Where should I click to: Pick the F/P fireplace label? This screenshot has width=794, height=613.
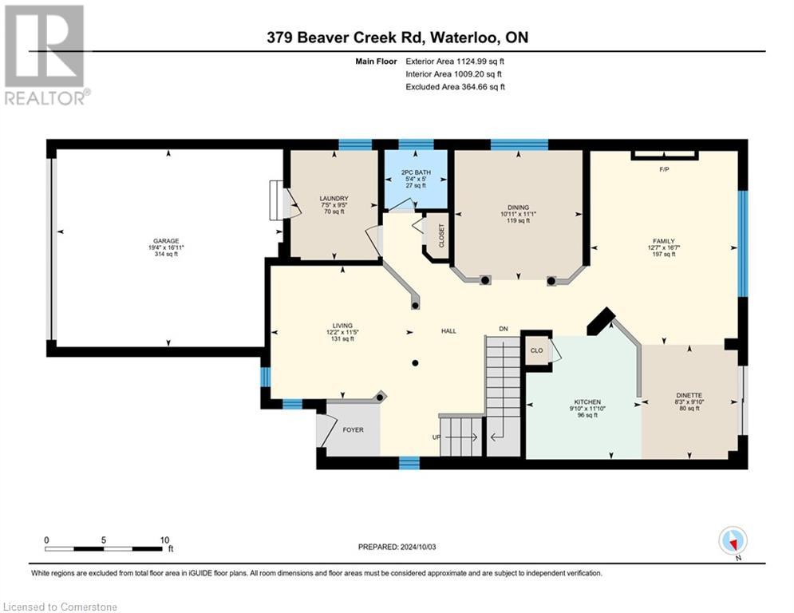(x=663, y=169)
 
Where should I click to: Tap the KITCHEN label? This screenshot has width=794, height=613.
(x=587, y=401)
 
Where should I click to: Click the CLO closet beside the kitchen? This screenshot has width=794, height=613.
(x=536, y=350)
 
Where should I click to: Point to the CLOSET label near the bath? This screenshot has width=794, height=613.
(x=441, y=235)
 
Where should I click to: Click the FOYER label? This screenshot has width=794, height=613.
(x=353, y=429)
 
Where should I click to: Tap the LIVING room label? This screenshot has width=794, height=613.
(x=343, y=326)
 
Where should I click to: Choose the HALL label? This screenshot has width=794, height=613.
(x=448, y=330)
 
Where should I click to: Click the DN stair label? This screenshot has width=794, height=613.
(x=503, y=328)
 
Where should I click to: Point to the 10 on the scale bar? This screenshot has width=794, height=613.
(x=164, y=540)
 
